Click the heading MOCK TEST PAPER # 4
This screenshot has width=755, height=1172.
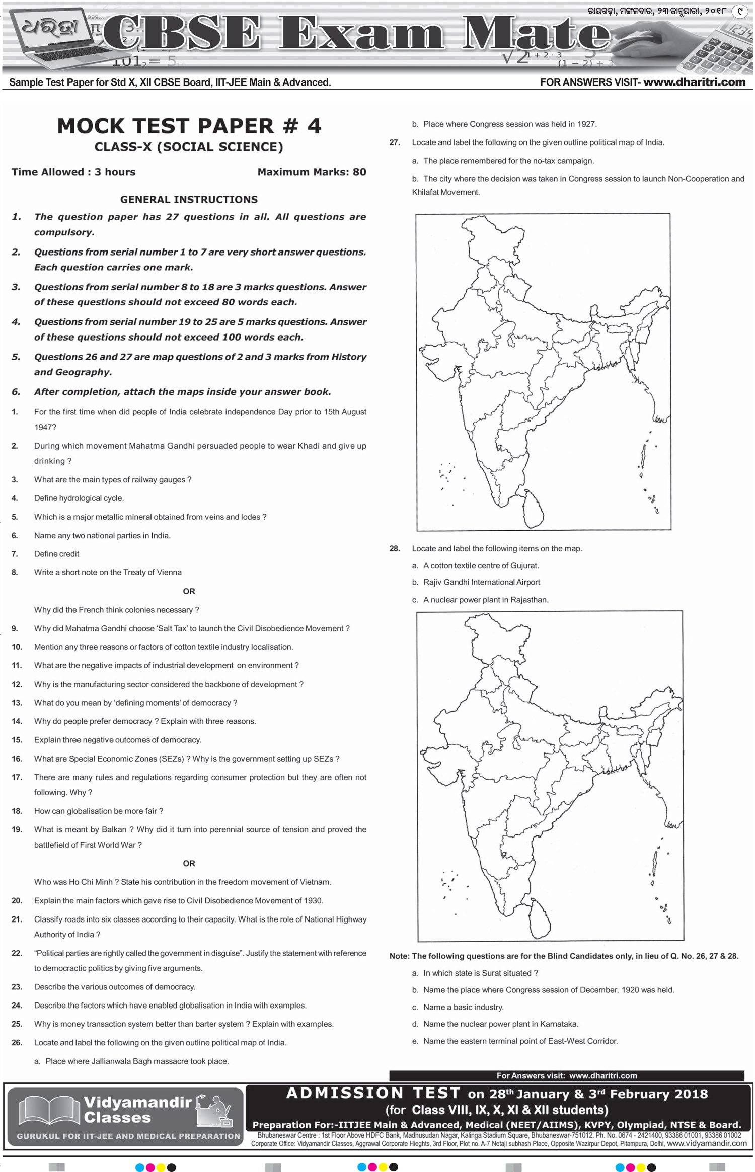(x=189, y=126)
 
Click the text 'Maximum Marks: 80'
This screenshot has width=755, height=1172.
(x=312, y=172)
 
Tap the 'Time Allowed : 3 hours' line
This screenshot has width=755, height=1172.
(x=73, y=172)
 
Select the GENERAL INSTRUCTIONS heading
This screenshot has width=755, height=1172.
(x=189, y=199)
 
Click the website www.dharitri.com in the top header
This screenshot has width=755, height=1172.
(x=694, y=82)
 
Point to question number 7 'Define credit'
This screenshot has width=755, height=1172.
(x=56, y=554)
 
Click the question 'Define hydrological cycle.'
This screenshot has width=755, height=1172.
(x=79, y=498)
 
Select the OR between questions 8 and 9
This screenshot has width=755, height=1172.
(x=189, y=591)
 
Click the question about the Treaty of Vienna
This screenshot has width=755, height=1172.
(x=108, y=572)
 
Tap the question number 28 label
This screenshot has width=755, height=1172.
(x=395, y=548)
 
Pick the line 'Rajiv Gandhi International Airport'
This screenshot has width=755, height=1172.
(x=481, y=582)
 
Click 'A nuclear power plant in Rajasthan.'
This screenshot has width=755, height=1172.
(x=486, y=600)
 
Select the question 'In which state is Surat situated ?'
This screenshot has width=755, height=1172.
(x=480, y=973)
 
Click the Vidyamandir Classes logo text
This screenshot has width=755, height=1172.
(x=137, y=1110)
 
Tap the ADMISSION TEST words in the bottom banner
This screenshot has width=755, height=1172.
(x=373, y=1093)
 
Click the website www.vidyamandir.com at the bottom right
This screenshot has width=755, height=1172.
(x=707, y=1143)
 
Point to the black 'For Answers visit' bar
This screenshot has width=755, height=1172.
(x=566, y=1076)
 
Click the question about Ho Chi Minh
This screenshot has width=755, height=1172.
(x=183, y=882)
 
